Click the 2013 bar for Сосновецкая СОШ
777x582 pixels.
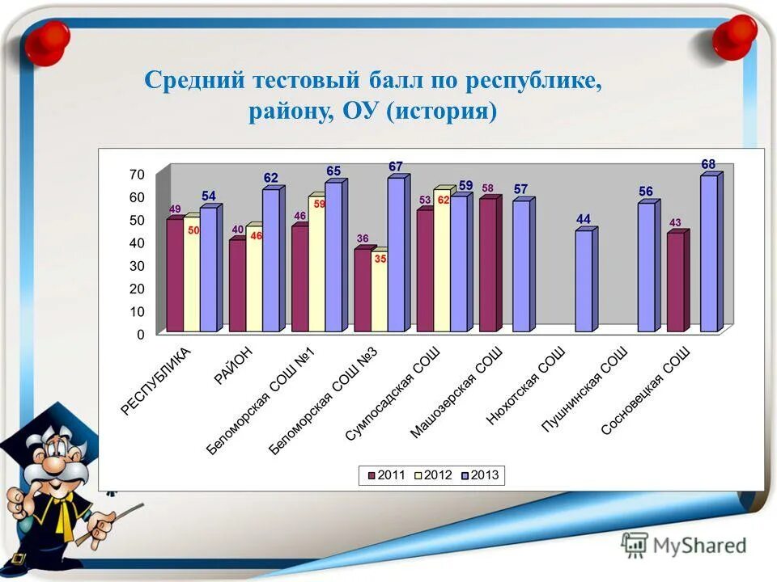(x=709, y=253)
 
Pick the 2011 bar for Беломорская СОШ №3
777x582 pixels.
(x=363, y=289)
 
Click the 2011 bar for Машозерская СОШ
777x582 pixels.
(x=487, y=264)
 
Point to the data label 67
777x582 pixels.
(x=396, y=167)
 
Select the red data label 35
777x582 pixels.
(x=380, y=259)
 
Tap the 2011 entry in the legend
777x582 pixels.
(x=388, y=474)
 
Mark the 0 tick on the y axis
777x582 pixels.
(x=141, y=334)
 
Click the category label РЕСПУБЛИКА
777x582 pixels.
(x=156, y=381)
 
